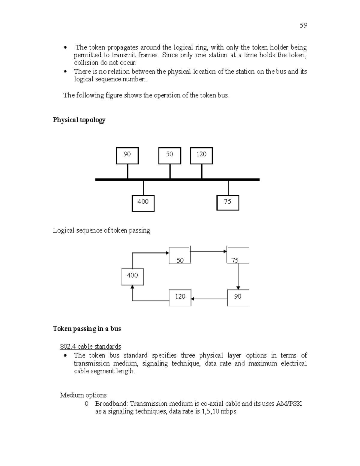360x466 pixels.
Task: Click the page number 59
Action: [303, 25]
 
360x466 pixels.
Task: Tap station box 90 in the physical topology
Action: [127, 155]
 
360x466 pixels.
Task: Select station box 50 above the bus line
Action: [169, 155]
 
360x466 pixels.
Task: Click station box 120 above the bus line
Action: [201, 155]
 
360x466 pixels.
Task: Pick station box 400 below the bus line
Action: [143, 203]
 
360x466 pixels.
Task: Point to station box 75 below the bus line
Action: [228, 203]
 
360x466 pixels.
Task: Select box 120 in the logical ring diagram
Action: [180, 298]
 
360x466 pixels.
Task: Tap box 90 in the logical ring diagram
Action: [238, 298]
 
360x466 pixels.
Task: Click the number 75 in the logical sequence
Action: [235, 260]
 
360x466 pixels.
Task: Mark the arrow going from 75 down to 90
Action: [238, 276]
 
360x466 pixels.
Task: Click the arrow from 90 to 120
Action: [209, 299]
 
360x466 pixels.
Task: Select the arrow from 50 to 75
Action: [208, 251]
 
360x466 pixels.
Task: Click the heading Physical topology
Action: [79, 120]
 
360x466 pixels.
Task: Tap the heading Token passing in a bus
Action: [87, 329]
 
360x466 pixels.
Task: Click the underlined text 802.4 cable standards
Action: [90, 347]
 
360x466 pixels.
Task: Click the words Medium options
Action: [83, 395]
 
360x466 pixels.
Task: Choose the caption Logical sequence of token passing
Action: [101, 230]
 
